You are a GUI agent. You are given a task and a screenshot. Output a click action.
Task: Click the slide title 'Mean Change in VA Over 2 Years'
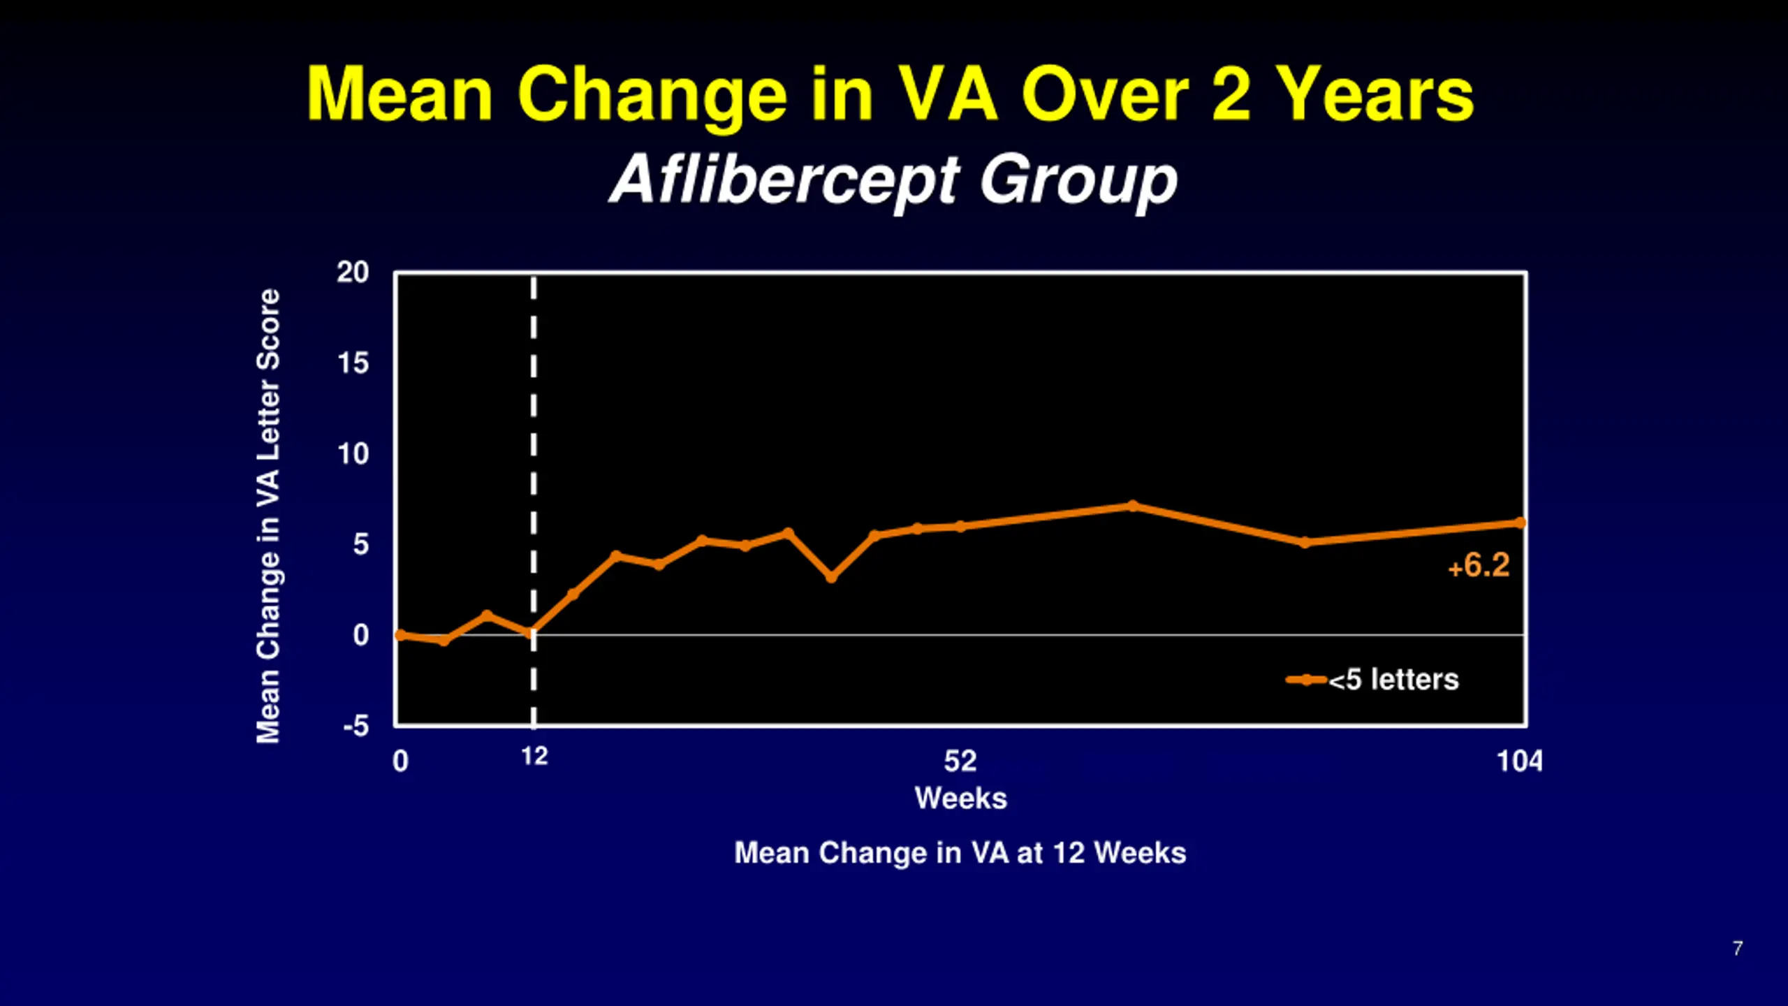891,94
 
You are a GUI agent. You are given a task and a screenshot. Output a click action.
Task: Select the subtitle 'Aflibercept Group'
894,180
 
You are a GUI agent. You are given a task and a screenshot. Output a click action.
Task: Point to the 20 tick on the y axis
353,272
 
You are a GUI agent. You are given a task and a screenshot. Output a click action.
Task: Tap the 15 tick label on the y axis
353,363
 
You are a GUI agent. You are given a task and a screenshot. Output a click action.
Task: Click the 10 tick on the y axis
353,454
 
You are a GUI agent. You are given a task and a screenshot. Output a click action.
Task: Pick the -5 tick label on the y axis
356,727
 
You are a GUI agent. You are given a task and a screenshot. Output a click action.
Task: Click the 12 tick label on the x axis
534,756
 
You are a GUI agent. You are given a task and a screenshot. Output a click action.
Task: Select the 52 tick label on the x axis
960,761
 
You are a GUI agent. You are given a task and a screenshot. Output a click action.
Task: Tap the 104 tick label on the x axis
1519,761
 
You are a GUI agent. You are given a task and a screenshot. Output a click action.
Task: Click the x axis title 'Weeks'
961,798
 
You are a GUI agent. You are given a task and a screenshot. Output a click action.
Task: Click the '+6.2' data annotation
1479,566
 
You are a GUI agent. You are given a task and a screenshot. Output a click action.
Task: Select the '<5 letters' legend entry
1393,680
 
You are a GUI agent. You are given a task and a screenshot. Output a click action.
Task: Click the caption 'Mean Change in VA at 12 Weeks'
960,853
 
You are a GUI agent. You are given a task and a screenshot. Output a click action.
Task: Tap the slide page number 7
1737,948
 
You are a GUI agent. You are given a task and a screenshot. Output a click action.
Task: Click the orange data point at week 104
1520,523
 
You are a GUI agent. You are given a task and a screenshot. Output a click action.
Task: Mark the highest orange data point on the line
1133,506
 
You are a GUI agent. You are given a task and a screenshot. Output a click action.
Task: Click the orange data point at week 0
400,635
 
